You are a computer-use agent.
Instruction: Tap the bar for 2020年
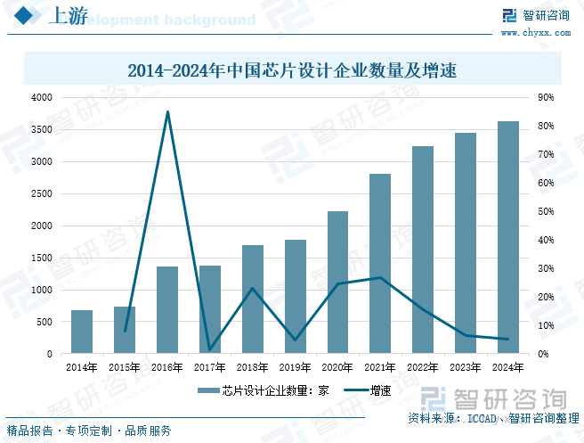click(x=337, y=283)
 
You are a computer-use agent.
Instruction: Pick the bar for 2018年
click(x=253, y=299)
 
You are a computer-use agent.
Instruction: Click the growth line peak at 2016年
click(x=167, y=111)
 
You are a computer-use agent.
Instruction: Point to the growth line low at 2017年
click(x=210, y=349)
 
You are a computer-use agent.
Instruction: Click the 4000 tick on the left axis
click(x=41, y=97)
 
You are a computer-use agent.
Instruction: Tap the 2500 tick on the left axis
click(x=41, y=193)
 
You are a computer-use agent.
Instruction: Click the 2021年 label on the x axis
click(x=380, y=367)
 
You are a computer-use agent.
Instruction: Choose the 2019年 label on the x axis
click(x=295, y=367)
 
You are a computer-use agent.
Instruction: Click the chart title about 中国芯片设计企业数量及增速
click(x=292, y=70)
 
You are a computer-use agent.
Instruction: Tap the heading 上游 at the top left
click(x=64, y=17)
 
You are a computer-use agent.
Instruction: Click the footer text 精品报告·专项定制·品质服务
click(x=89, y=431)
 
